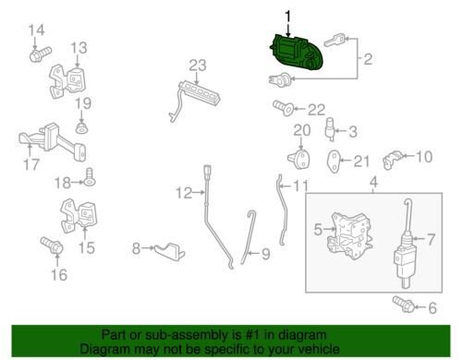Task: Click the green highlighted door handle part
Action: click(297, 53)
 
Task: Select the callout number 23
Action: click(198, 66)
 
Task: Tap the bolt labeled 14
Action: click(41, 54)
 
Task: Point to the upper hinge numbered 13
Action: click(67, 81)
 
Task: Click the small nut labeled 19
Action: click(81, 127)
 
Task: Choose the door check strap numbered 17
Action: click(53, 141)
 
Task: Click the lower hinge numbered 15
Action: click(80, 215)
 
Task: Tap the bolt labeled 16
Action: click(52, 246)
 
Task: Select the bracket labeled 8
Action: click(169, 252)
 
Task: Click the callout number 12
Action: click(184, 193)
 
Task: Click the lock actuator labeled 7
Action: click(406, 244)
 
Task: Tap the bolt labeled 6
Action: click(403, 305)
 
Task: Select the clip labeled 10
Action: click(392, 160)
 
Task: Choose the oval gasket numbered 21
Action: click(334, 161)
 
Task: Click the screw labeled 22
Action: click(283, 108)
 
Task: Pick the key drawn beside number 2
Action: click(334, 42)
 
